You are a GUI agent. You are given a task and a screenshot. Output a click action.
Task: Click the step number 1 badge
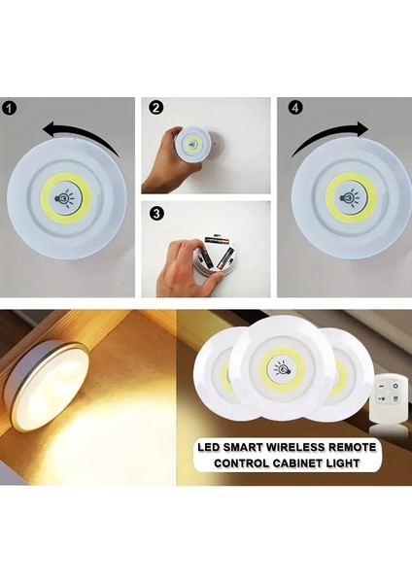pyautogui.click(x=9, y=108)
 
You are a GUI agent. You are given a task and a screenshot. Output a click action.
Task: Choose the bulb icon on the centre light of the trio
pyautogui.click(x=286, y=370)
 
